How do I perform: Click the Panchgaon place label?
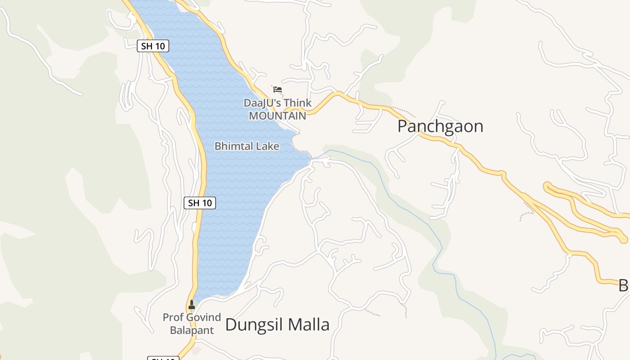coord(440,126)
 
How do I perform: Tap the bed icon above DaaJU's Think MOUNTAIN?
coord(278,90)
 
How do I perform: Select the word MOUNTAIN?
coord(277,116)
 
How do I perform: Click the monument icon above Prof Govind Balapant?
coord(192,305)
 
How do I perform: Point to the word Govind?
coord(203,317)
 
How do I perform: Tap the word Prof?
coord(173,317)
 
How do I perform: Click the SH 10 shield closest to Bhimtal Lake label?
coord(200,203)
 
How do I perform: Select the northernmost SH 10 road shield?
coord(153,46)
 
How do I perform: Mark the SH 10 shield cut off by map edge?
coord(163,358)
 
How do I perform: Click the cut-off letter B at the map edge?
coord(624,285)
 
